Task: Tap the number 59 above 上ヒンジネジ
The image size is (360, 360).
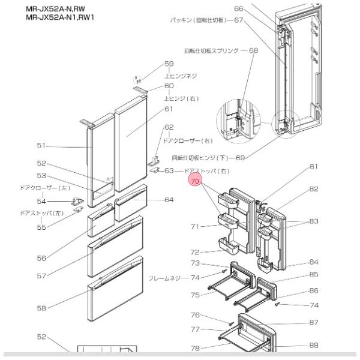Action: tap(169, 64)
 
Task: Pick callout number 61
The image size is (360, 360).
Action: tap(169, 109)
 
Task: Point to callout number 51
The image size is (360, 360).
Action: tap(41, 146)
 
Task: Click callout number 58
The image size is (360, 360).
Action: tap(41, 308)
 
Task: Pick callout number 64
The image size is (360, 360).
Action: tap(169, 200)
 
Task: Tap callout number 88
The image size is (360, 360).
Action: tap(314, 345)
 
